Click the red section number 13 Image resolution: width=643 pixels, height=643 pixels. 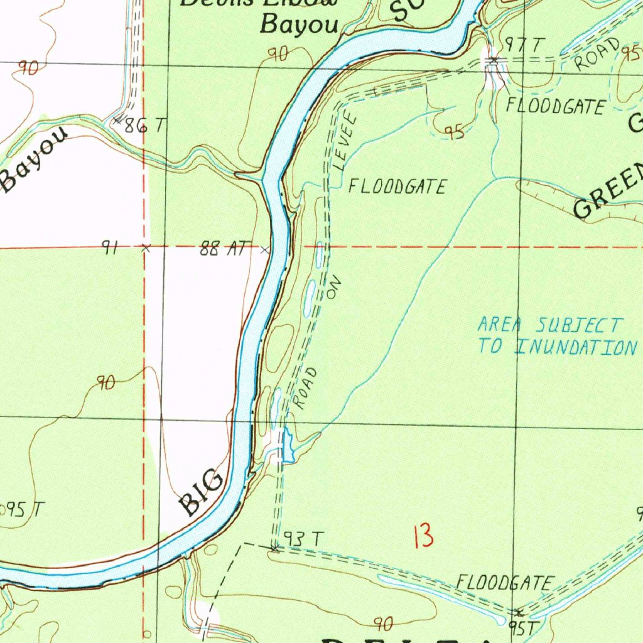(x=424, y=537)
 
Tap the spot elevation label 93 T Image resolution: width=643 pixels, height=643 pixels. (x=304, y=539)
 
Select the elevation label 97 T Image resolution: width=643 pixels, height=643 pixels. (x=525, y=45)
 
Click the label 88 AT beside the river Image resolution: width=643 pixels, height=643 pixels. (x=225, y=249)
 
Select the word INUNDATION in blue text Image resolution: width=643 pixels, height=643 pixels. (x=576, y=347)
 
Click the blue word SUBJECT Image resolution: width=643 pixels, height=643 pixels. (x=580, y=325)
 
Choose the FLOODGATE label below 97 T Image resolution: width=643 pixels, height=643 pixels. (x=556, y=106)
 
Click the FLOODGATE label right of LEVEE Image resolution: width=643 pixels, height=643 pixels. (x=397, y=186)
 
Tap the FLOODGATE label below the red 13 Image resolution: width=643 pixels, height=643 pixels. (x=505, y=583)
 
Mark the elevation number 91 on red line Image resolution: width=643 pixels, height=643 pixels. (x=111, y=249)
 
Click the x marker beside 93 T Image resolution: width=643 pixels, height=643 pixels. (x=274, y=549)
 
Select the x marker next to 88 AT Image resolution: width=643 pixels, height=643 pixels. (x=265, y=251)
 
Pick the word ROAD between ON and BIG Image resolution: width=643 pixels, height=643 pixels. (x=306, y=389)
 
